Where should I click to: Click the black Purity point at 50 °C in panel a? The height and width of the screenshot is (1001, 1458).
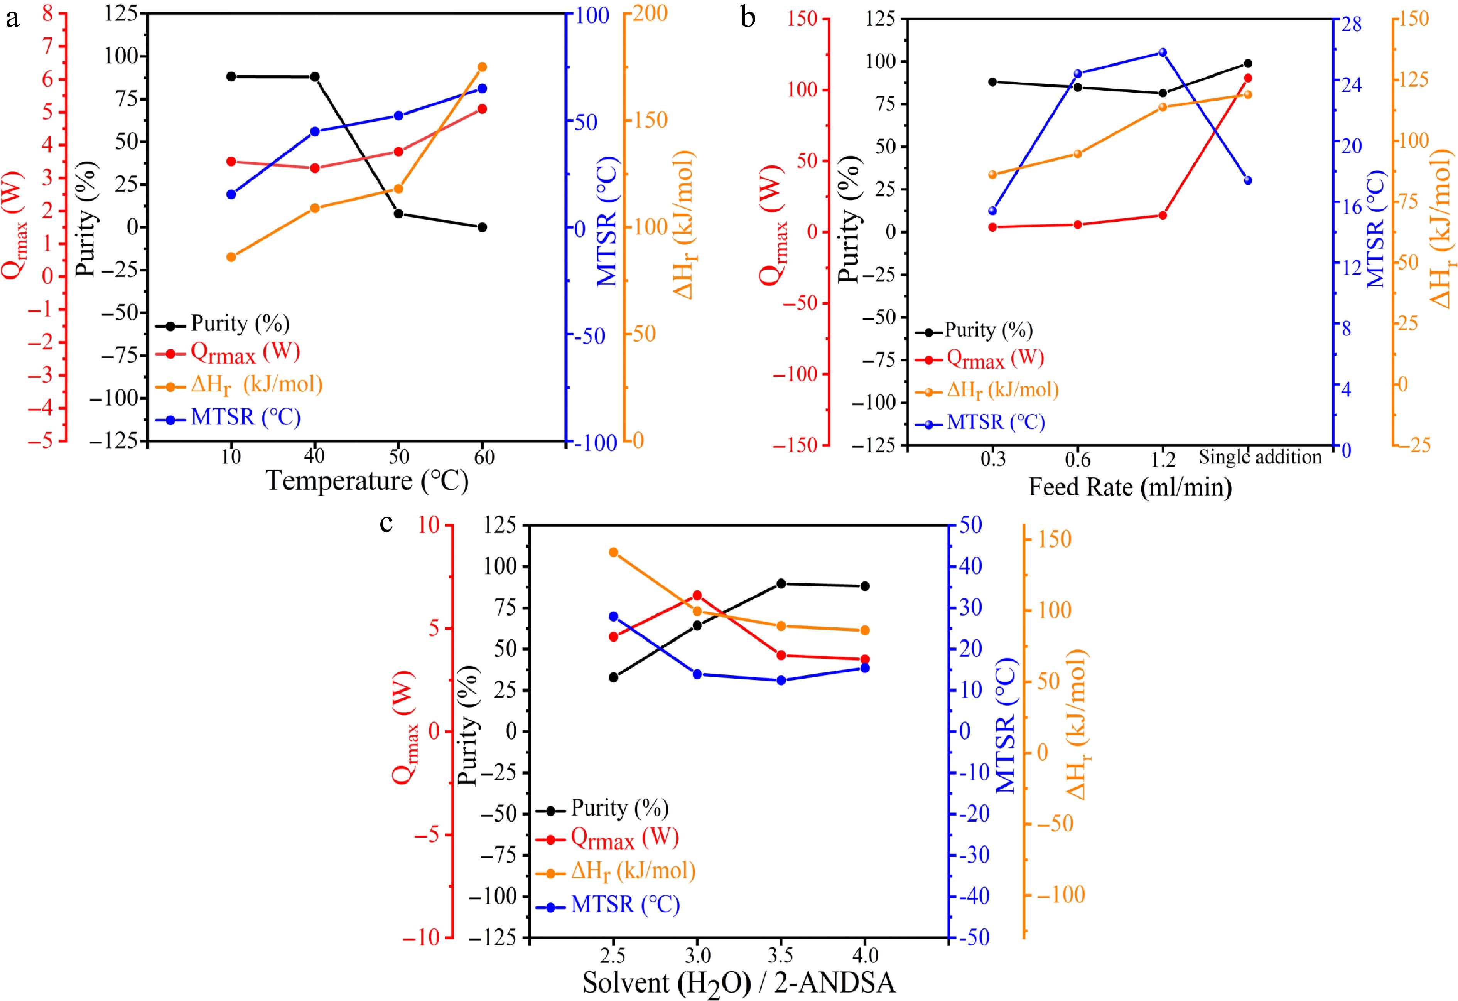pyautogui.click(x=398, y=214)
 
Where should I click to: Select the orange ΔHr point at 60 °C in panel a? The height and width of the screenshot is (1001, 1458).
pyautogui.click(x=483, y=67)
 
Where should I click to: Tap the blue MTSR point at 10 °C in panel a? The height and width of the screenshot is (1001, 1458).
pyautogui.click(x=231, y=194)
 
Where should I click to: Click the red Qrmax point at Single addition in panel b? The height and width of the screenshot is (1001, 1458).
pyautogui.click(x=1248, y=78)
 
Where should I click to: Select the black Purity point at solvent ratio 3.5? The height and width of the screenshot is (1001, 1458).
pyautogui.click(x=781, y=584)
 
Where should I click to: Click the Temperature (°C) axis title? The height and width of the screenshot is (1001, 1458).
pyautogui.click(x=367, y=482)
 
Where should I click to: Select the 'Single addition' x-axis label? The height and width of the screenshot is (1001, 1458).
pyautogui.click(x=1260, y=457)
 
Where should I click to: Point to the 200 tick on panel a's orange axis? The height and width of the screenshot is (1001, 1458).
pyautogui.click(x=649, y=13)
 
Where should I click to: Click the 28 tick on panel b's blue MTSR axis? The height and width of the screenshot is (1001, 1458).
pyautogui.click(x=1351, y=24)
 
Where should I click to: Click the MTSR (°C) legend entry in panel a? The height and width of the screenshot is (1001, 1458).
pyautogui.click(x=245, y=417)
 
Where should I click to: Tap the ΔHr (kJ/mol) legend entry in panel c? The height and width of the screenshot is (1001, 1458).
pyautogui.click(x=633, y=871)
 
